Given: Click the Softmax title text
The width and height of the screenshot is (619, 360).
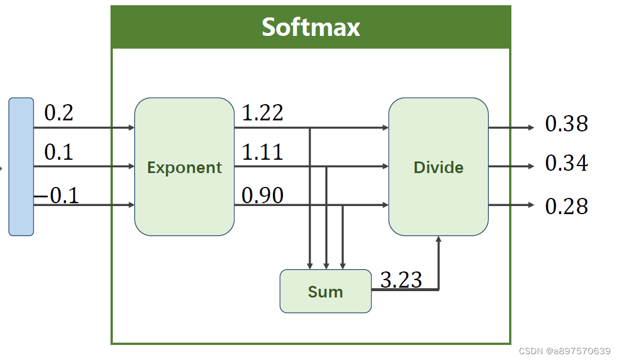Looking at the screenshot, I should tap(311, 27).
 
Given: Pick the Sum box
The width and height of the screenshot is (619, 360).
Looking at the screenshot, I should tap(325, 291).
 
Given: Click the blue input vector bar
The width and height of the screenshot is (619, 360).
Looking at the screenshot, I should tap(21, 167).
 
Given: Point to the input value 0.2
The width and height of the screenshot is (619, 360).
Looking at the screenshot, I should tap(59, 113).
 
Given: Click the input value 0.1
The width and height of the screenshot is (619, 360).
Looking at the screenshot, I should tap(59, 152).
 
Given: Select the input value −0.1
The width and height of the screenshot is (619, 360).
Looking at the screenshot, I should tap(57, 196).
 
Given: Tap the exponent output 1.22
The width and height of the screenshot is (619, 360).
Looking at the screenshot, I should tap(262, 113).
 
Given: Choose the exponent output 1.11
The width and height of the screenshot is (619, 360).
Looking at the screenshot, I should tap(262, 152).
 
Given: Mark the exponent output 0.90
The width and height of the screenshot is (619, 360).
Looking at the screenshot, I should tap(262, 196).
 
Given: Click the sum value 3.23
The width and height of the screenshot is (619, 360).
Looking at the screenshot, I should tap(401, 280).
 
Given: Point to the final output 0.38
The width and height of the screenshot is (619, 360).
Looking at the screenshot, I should tap(566, 124).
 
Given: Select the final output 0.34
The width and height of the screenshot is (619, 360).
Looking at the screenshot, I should tap(566, 163).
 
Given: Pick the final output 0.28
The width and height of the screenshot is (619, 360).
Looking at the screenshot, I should tap(566, 206).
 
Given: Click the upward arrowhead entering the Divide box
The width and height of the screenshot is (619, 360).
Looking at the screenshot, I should tap(439, 239).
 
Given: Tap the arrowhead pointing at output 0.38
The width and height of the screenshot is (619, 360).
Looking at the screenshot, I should tap(531, 127).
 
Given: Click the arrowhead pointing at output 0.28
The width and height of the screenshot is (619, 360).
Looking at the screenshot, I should tap(531, 205).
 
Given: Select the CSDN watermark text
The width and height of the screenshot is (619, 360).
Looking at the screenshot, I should tap(565, 351).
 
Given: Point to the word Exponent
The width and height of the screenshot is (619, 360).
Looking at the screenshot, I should tap(184, 167).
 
